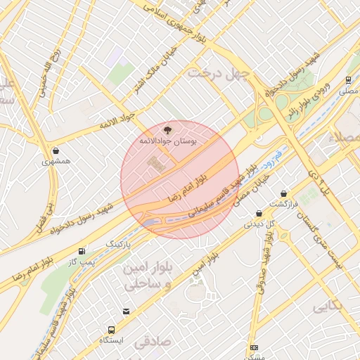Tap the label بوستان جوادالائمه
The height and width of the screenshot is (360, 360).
tap(167, 141)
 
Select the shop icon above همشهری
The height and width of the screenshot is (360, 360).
tap(56, 150)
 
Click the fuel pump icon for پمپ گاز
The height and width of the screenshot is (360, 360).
tap(82, 251)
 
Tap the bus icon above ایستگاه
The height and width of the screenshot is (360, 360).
tap(111, 330)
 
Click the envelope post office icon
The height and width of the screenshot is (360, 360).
tap(126, 311)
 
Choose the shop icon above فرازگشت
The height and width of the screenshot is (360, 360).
tap(284, 193)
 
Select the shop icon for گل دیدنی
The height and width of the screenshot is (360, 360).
tap(259, 214)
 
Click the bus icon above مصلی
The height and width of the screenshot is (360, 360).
tap(348, 80)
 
